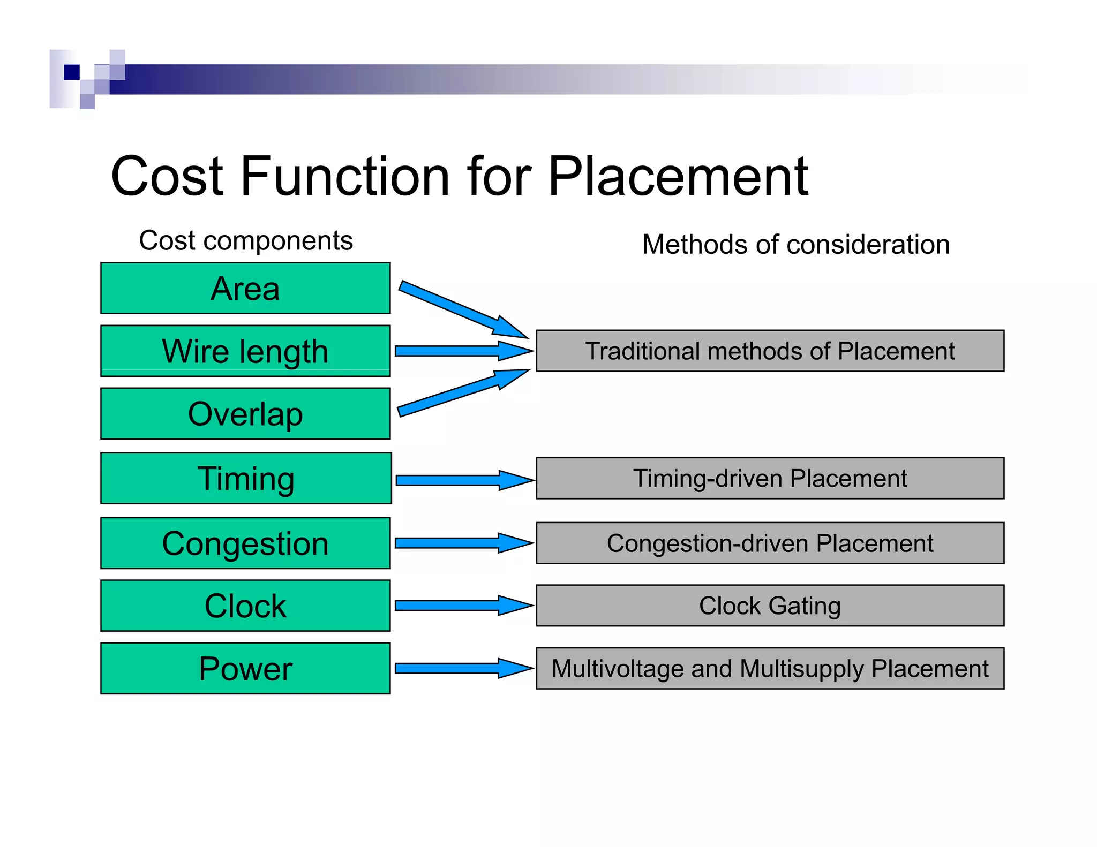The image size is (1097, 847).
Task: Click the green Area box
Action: click(x=245, y=288)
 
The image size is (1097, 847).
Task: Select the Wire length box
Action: click(x=245, y=351)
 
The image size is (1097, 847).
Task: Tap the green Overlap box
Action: click(x=245, y=413)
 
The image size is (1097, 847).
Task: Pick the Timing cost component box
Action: click(x=246, y=478)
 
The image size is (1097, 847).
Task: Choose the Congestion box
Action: click(x=245, y=543)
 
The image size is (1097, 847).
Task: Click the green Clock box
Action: click(x=245, y=606)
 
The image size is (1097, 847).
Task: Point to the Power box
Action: click(x=245, y=668)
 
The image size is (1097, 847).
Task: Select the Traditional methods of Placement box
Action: click(x=770, y=351)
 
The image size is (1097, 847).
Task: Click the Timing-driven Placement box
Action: click(x=770, y=478)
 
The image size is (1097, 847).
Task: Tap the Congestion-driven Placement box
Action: click(x=770, y=543)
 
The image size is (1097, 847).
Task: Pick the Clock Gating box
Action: click(x=770, y=606)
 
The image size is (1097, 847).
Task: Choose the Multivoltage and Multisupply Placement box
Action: click(x=770, y=668)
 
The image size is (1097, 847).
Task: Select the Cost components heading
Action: click(x=246, y=240)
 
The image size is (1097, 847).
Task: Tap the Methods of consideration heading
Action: click(x=795, y=244)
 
